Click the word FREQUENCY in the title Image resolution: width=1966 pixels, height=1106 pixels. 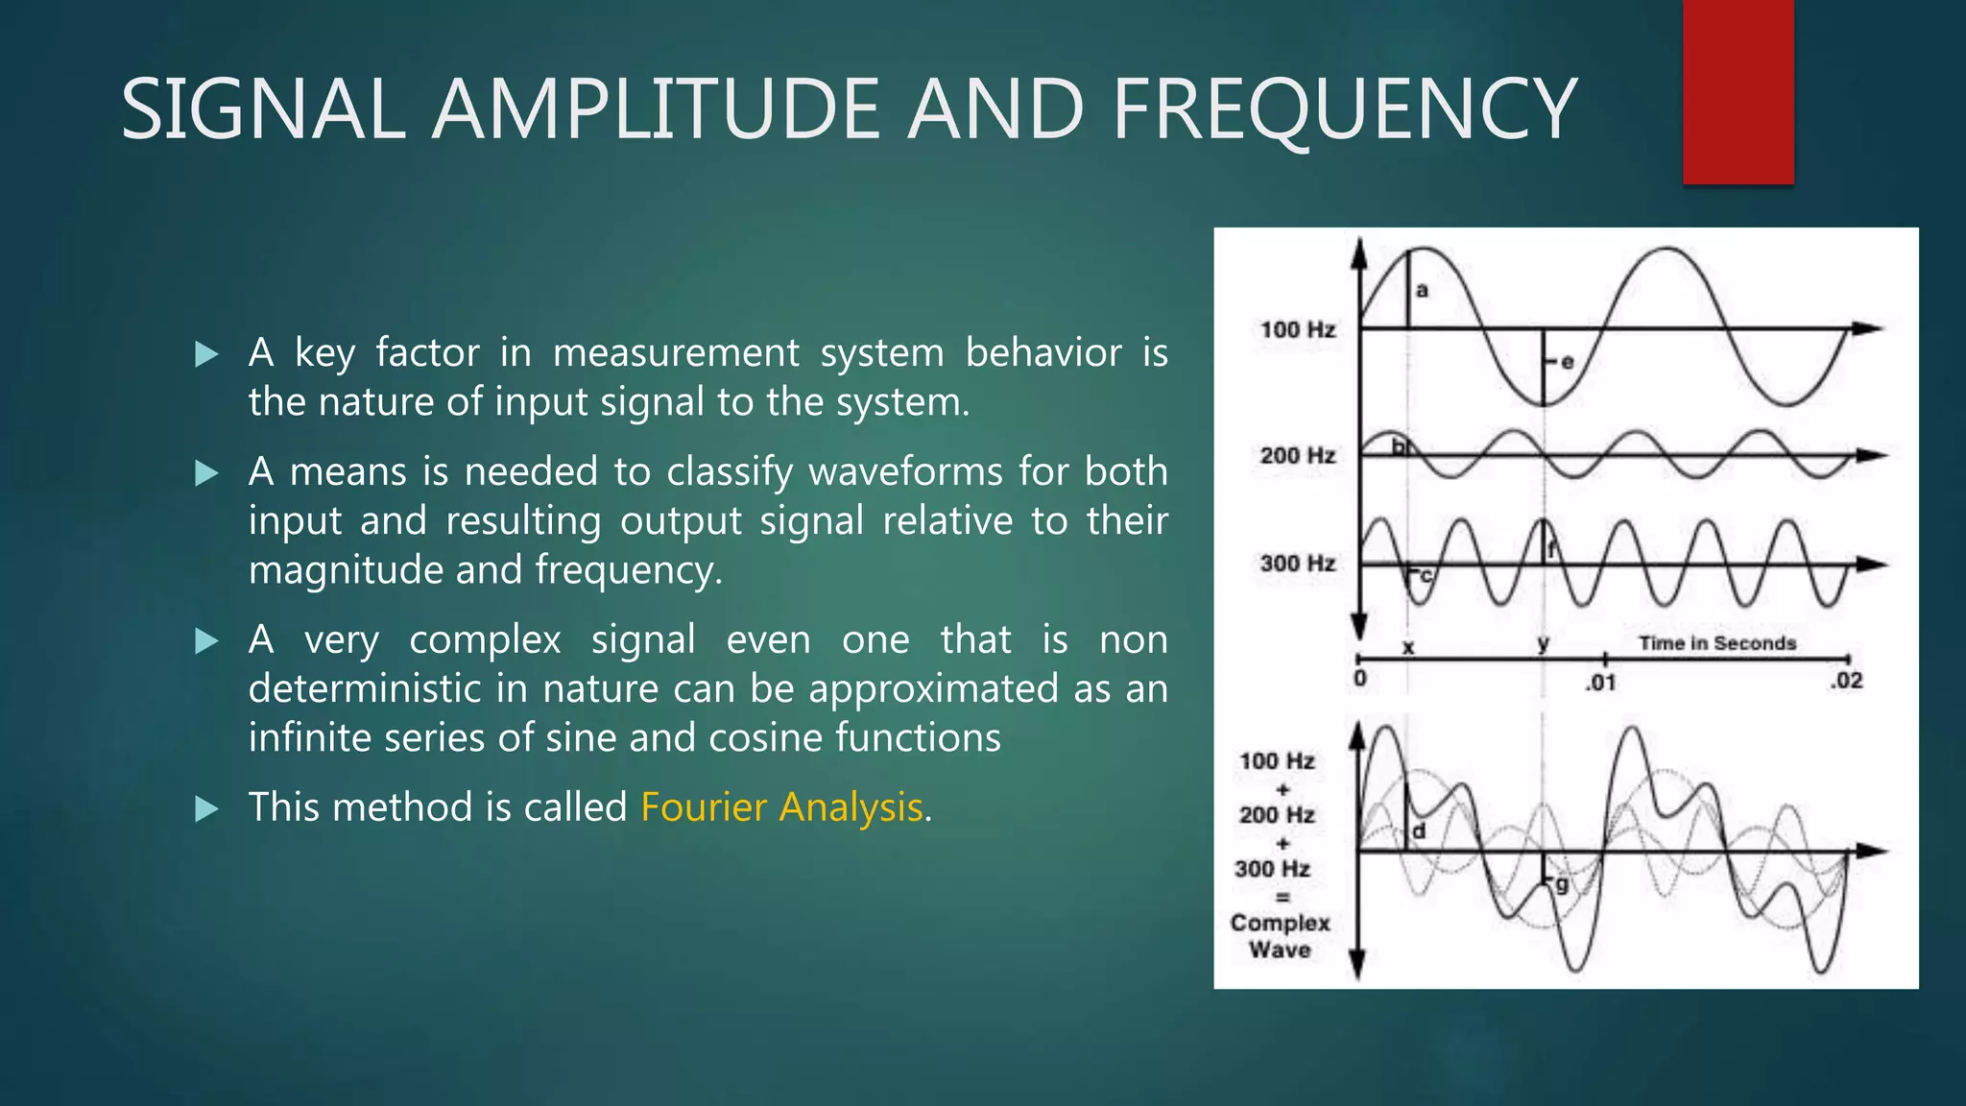(x=1344, y=109)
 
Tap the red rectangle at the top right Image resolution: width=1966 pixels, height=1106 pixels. (x=1738, y=92)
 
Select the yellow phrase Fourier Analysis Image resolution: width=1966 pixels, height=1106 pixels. (x=781, y=807)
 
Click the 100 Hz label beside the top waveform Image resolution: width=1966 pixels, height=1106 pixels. (x=1297, y=330)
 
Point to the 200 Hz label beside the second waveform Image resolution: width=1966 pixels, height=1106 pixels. (x=1297, y=455)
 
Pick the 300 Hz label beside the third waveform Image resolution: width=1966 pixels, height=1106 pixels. (x=1297, y=564)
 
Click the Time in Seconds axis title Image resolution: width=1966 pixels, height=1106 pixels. (x=1716, y=643)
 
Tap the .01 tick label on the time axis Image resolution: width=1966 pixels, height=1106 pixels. (x=1600, y=683)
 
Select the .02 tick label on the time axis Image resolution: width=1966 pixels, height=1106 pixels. (x=1846, y=682)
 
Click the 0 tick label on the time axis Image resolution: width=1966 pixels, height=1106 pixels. (x=1359, y=680)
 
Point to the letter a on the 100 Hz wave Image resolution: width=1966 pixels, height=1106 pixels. (x=1423, y=290)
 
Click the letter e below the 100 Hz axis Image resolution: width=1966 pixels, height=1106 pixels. (x=1568, y=362)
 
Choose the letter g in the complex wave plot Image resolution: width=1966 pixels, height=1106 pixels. (x=1562, y=884)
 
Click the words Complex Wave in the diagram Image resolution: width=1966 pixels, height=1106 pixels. (x=1280, y=936)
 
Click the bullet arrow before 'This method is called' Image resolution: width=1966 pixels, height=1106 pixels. (x=206, y=808)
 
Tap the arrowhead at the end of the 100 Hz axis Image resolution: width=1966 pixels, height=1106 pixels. (x=1867, y=329)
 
